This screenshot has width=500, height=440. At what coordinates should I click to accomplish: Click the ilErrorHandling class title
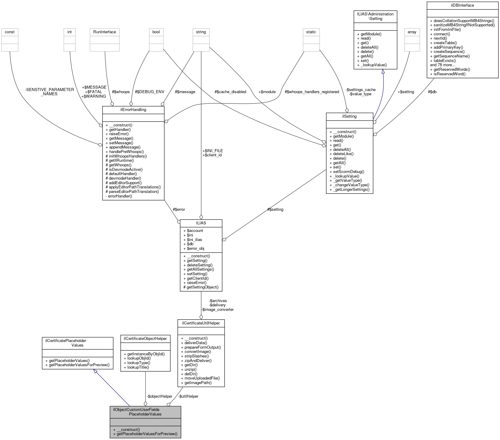coord(133,110)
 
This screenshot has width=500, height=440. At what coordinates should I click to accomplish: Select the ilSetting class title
coord(349,116)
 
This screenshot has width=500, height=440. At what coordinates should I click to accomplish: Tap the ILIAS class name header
coord(201,223)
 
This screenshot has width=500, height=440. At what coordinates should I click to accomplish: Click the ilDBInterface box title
coord(462,5)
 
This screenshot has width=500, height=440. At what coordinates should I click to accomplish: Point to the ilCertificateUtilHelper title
coord(201,323)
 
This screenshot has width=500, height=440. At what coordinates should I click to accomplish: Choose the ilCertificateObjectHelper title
coord(145,339)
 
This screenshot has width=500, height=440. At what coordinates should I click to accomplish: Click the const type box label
coord(10,32)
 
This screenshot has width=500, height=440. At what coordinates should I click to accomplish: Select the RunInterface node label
coord(105,32)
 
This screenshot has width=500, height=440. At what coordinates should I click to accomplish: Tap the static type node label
coord(311,32)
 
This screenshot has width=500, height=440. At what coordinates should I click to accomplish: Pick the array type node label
coord(412,32)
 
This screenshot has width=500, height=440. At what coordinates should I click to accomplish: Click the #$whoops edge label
coord(121,92)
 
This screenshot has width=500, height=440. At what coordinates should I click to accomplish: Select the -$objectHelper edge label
coord(160,396)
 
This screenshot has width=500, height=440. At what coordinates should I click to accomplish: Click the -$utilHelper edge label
coord(188,396)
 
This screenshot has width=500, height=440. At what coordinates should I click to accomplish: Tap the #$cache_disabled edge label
coord(230,92)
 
